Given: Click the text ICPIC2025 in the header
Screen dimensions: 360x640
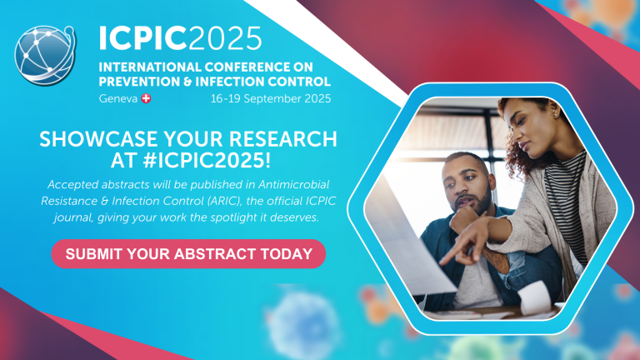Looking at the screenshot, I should pyautogui.click(x=180, y=37).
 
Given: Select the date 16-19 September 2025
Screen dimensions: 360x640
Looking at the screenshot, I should pyautogui.click(x=271, y=98).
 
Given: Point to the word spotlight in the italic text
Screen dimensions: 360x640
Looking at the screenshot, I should pyautogui.click(x=264, y=217).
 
